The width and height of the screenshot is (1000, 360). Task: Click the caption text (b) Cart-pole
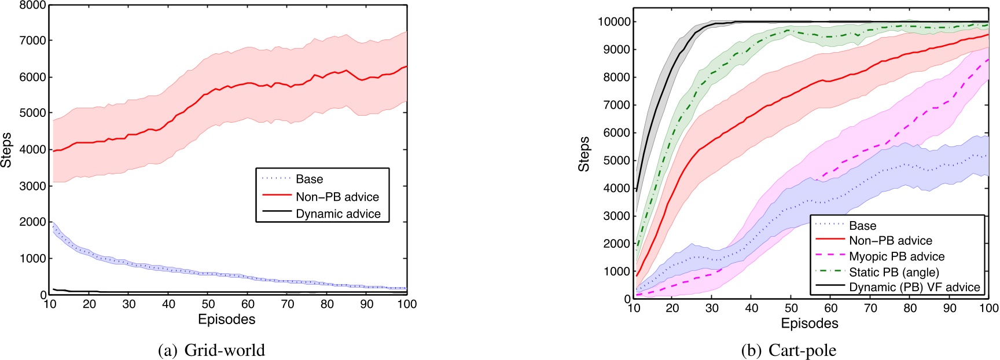pos(788,350)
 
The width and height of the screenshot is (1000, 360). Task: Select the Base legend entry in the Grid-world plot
pos(309,179)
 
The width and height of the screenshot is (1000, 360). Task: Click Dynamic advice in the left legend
pos(338,214)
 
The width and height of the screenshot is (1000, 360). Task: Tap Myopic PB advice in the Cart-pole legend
pos(896,256)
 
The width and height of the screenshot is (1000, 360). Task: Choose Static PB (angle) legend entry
pos(894,272)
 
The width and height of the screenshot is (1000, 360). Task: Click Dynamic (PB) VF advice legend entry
pos(914,287)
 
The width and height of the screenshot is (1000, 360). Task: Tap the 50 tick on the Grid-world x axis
pos(208,304)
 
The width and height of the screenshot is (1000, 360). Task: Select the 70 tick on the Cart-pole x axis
pos(870,308)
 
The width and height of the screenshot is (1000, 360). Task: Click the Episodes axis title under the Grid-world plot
pos(226,319)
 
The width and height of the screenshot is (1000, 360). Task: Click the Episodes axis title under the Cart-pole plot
pos(809,324)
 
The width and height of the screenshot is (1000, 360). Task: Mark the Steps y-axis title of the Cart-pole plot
pos(584,153)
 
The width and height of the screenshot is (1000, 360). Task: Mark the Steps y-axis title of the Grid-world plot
pos(6,150)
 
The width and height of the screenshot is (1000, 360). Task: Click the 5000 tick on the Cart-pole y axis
pos(617,160)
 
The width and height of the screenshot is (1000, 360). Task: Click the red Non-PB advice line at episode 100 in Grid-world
pos(407,66)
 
